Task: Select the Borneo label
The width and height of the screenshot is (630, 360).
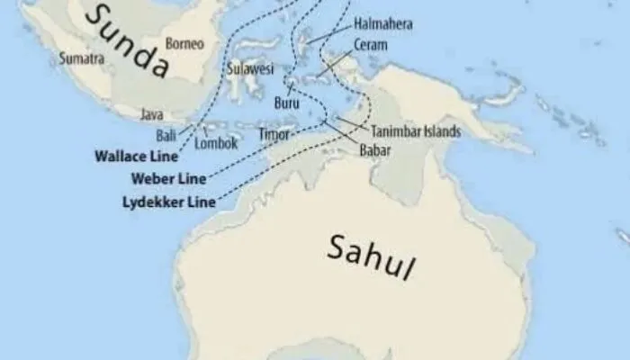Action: click(x=184, y=43)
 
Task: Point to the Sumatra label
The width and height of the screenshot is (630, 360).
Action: click(x=82, y=58)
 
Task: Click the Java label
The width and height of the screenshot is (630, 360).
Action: click(x=152, y=114)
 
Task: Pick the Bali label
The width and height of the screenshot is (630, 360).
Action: click(x=166, y=135)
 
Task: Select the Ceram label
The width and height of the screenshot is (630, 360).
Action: click(x=370, y=44)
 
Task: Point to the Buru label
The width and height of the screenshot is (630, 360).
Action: click(x=285, y=103)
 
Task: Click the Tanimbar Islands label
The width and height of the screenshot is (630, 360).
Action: click(x=415, y=131)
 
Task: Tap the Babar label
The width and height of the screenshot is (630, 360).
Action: click(x=375, y=149)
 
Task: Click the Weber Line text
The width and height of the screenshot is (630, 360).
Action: click(x=167, y=177)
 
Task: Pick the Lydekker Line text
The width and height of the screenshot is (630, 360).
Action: click(x=168, y=202)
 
